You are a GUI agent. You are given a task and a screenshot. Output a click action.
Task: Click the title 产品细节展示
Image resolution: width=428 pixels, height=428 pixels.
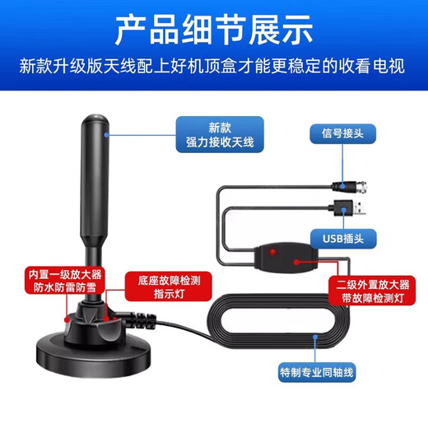(x=214, y=30)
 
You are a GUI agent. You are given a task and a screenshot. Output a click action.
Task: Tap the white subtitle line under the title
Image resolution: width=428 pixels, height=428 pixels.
(x=212, y=66)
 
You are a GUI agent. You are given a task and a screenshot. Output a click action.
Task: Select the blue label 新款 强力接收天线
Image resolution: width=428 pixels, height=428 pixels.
(x=220, y=134)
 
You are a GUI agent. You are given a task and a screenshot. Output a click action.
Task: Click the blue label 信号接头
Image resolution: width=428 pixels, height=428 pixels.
(x=342, y=133)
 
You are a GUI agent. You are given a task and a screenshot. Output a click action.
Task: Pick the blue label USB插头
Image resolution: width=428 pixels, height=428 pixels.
(x=343, y=239)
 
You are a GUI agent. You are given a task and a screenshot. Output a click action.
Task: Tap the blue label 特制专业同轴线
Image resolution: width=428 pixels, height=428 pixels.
(x=317, y=372)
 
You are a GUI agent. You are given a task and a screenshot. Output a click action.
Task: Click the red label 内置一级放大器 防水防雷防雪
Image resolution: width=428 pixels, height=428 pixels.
(x=65, y=280)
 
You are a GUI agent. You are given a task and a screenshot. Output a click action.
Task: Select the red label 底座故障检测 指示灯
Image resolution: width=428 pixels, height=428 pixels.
(x=169, y=286)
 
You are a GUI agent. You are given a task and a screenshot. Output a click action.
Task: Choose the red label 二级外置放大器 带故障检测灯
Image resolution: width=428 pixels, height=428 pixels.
(x=372, y=291)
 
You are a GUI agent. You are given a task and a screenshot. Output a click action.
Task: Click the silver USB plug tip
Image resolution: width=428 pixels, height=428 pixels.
(x=360, y=208)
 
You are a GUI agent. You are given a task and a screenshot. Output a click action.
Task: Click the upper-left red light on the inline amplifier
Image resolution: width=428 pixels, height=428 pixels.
(x=272, y=252)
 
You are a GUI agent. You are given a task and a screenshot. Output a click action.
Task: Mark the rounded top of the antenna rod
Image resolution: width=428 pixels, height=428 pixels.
(x=95, y=121)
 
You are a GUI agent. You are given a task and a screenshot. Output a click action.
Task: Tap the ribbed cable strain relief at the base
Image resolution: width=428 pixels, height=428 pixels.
(x=140, y=320)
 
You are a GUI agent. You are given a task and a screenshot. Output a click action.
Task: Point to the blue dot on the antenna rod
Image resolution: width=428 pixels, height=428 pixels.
(x=106, y=135)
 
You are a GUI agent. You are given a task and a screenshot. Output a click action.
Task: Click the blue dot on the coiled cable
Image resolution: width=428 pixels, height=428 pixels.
(x=315, y=337)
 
